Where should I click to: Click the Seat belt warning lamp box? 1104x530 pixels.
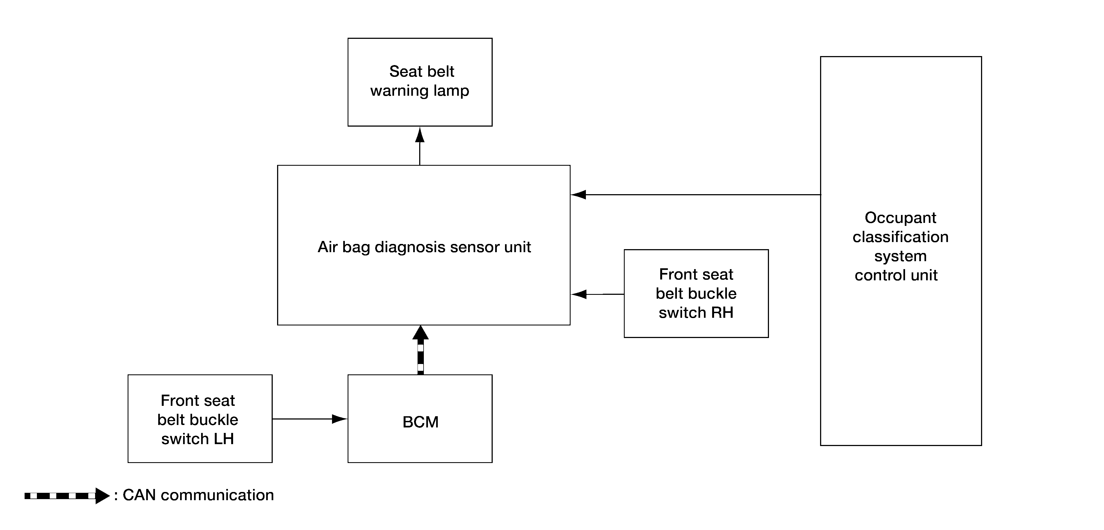(420, 82)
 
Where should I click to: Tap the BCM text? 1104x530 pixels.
(421, 422)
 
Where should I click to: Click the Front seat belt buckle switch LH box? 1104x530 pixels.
(200, 418)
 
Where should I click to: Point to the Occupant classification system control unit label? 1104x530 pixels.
(900, 246)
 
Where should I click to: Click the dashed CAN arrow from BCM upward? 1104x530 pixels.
(421, 350)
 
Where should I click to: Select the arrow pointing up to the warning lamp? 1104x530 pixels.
(420, 146)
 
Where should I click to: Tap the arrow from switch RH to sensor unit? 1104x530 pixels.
(597, 294)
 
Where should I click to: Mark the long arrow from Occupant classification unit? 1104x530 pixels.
(695, 195)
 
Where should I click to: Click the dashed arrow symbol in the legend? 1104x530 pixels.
(67, 496)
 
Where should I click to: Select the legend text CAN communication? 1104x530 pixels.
(198, 495)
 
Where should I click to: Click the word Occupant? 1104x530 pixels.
(900, 218)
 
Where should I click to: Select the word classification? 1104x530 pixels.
(900, 237)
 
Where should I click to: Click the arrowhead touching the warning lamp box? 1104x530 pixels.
(420, 134)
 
